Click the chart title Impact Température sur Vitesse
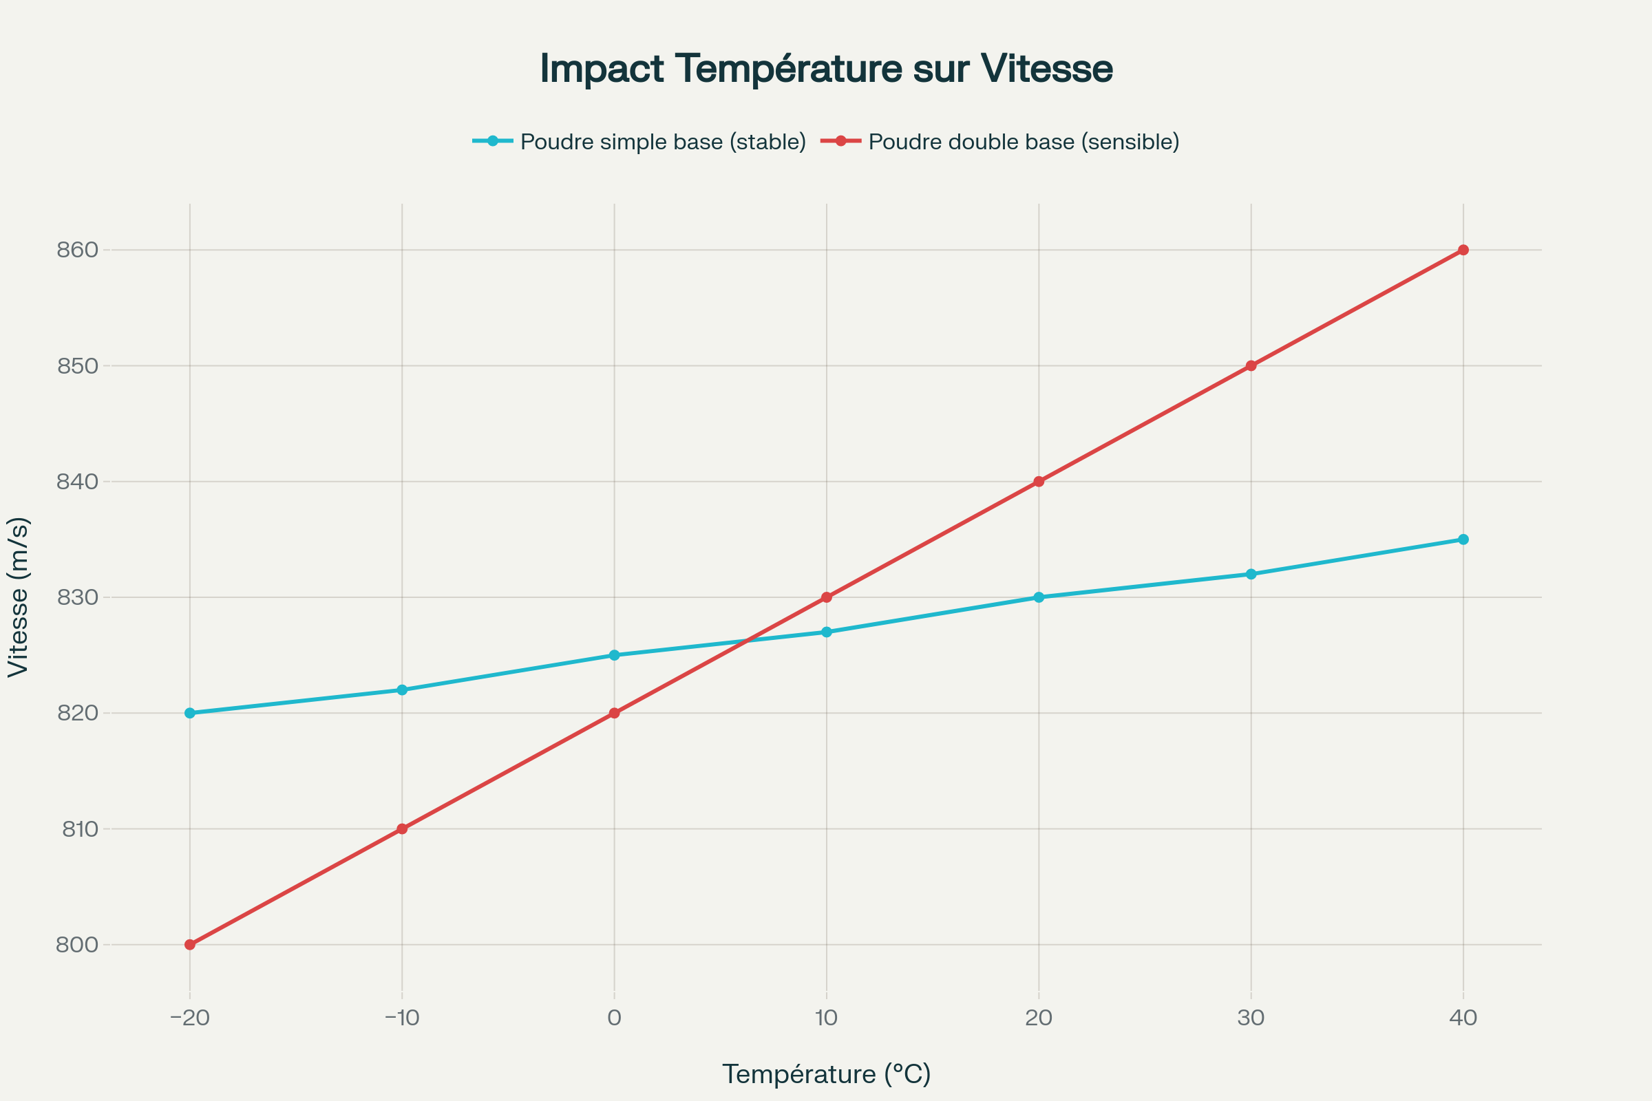click(x=826, y=69)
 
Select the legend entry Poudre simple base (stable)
click(x=662, y=142)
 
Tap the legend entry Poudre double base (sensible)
click(x=1024, y=142)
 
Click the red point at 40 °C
click(x=1463, y=250)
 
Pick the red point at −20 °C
click(x=190, y=944)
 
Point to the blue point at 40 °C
click(x=1463, y=539)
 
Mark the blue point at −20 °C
click(x=190, y=713)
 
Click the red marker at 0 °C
click(x=615, y=713)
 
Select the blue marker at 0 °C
click(x=615, y=655)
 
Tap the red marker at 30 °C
click(x=1251, y=366)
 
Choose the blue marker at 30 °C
click(x=1251, y=574)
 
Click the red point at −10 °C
click(x=402, y=829)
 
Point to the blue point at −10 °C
click(x=402, y=690)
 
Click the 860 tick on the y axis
click(x=77, y=250)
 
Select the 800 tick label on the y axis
click(x=77, y=944)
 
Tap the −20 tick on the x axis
click(x=190, y=1018)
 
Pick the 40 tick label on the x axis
click(x=1463, y=1018)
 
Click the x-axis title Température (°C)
click(x=826, y=1073)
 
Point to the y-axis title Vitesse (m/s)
click(x=19, y=597)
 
